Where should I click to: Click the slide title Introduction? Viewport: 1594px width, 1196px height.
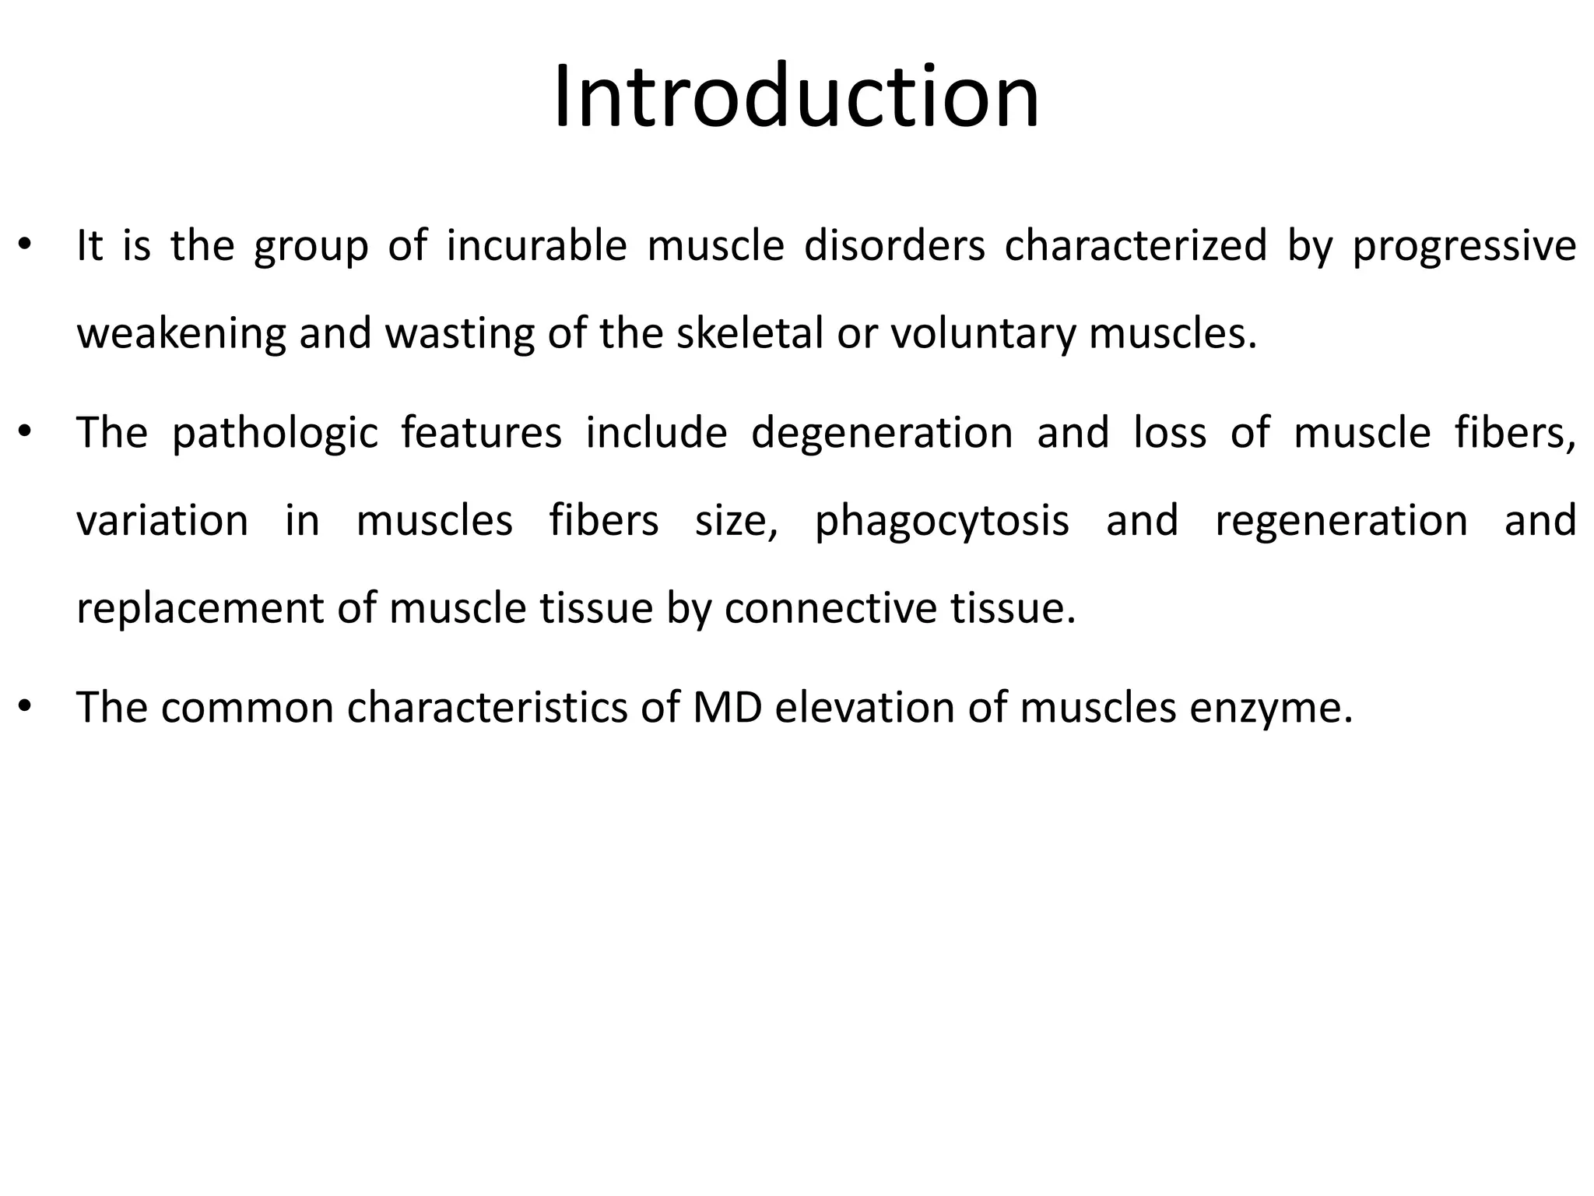click(x=796, y=97)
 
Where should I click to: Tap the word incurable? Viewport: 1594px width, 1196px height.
click(x=536, y=246)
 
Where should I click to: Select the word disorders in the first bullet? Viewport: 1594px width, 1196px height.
click(x=894, y=246)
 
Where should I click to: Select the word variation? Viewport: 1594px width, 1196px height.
click(x=162, y=520)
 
